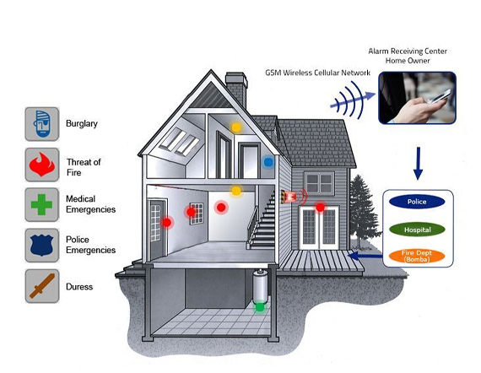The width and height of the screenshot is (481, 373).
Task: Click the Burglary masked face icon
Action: click(41, 124)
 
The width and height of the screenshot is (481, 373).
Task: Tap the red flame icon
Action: click(42, 165)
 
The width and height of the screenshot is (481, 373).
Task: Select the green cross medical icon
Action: click(41, 204)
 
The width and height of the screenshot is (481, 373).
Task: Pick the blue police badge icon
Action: click(41, 245)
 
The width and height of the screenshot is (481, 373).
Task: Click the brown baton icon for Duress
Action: click(42, 286)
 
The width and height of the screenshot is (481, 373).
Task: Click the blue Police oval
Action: click(417, 202)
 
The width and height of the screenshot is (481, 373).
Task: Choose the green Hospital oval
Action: click(417, 230)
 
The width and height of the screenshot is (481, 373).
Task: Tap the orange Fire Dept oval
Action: click(417, 257)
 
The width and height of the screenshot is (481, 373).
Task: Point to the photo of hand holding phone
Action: click(417, 98)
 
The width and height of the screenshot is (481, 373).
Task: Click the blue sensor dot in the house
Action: click(268, 162)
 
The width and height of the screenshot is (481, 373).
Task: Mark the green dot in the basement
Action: click(260, 306)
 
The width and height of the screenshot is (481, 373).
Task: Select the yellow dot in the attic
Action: click(236, 127)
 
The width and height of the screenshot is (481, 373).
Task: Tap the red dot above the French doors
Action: click(321, 208)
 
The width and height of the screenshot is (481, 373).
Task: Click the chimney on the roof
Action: click(236, 89)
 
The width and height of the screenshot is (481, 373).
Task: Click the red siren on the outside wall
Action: click(290, 197)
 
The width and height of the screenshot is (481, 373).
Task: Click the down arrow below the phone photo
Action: click(418, 164)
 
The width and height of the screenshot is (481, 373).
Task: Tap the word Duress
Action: click(79, 287)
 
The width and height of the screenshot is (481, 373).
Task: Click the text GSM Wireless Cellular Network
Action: click(317, 73)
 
